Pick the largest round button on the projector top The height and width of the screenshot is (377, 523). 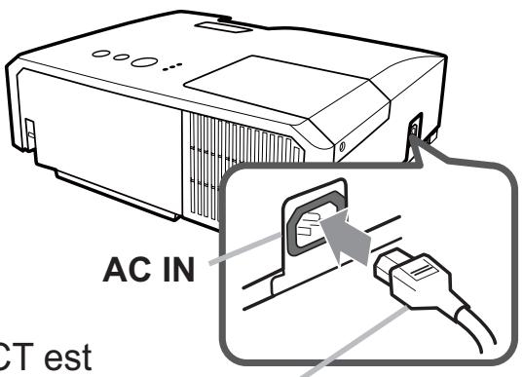(x=142, y=61)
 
